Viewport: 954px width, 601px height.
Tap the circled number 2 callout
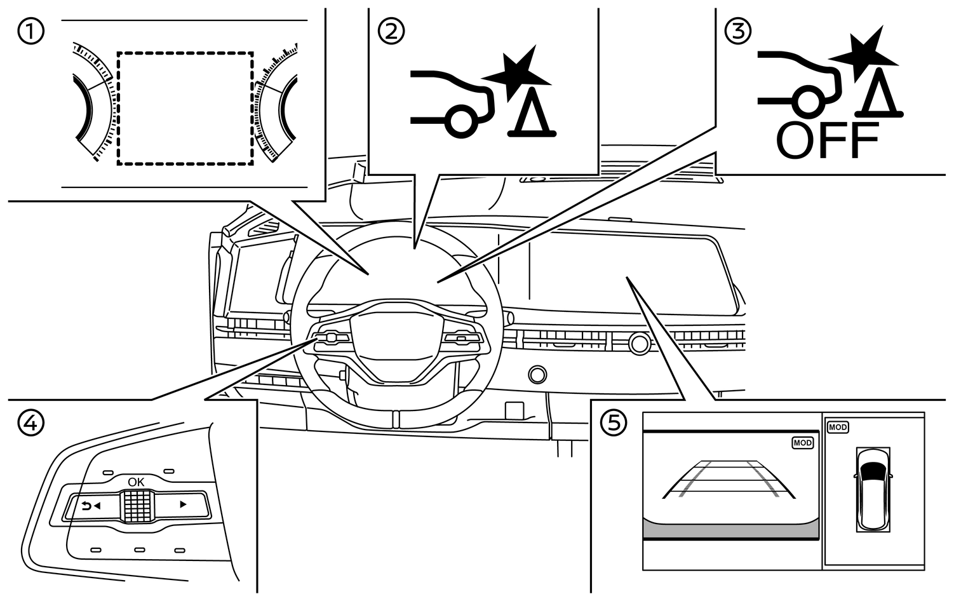point(391,31)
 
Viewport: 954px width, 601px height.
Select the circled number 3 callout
point(738,31)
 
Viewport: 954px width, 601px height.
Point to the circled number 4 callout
point(31,422)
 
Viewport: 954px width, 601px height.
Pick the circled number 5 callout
point(614,422)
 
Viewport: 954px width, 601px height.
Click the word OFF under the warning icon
point(828,141)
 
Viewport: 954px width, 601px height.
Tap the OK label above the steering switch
point(136,482)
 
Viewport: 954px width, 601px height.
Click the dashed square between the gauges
point(185,109)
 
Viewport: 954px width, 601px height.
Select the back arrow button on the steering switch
point(91,506)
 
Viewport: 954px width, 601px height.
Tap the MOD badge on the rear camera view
point(802,443)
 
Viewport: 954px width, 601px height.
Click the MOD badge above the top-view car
point(838,428)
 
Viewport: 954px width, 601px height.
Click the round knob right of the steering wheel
point(640,343)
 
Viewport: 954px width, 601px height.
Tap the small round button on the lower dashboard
point(537,374)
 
